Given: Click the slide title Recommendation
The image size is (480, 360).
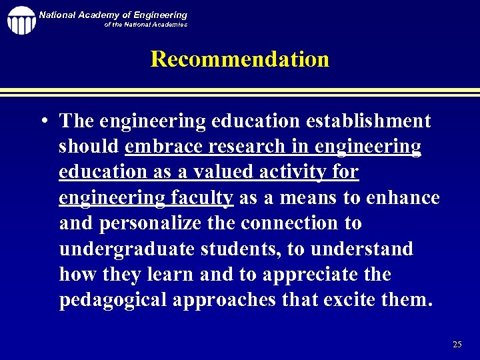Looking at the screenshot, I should pos(240,59).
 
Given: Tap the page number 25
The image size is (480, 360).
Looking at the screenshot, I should pos(457,345).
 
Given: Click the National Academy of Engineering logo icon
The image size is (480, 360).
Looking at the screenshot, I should pos(21,20).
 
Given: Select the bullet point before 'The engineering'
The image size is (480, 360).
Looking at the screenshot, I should pos(43,122).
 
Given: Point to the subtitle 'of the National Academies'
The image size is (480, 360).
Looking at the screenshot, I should pos(145,25).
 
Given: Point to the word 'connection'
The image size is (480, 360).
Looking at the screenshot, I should pos(287,223).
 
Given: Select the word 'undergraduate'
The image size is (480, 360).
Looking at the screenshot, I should pos(127,249).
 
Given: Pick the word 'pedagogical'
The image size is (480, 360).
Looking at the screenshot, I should pos(113,300).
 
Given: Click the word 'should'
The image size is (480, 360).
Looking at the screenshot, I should pos(89,147).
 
